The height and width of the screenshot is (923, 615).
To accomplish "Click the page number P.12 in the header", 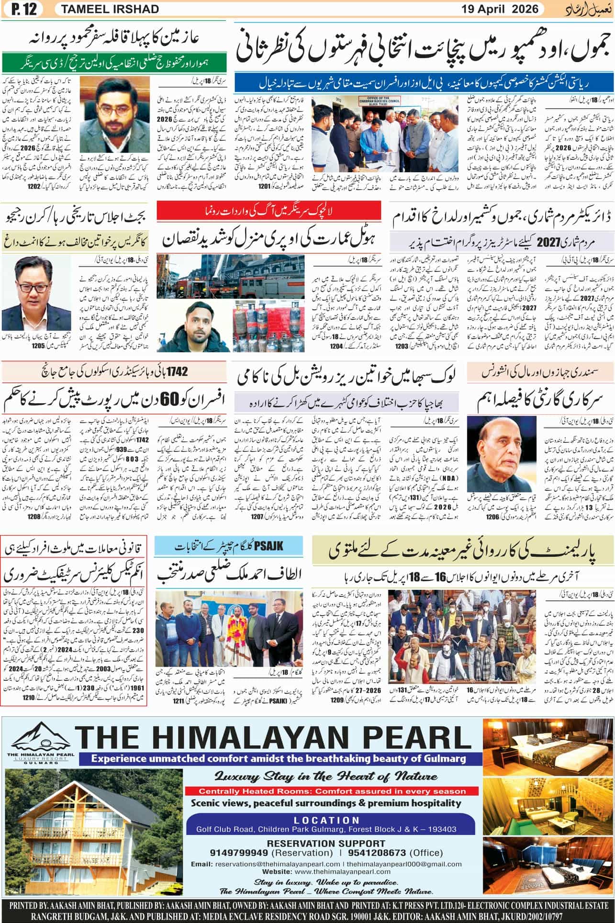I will [21, 9].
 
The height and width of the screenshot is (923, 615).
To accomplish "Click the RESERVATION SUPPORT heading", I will [326, 843].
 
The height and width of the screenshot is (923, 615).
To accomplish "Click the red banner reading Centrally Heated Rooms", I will [325, 791].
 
